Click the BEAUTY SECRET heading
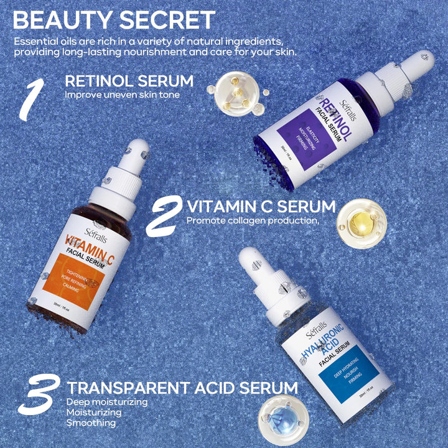pyautogui.click(x=114, y=19)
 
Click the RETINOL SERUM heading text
pyautogui.click(x=129, y=81)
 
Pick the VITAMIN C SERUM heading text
pyautogui.click(x=261, y=206)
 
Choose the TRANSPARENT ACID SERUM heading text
pyautogui.click(x=182, y=388)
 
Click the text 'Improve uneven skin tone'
pyautogui.click(x=122, y=95)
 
